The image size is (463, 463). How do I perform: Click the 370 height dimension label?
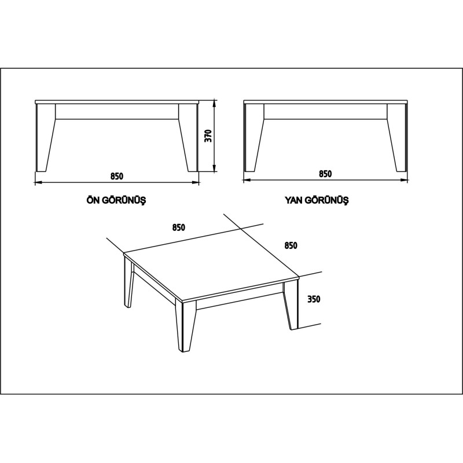click(x=209, y=135)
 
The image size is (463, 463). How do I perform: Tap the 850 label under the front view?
click(x=117, y=175)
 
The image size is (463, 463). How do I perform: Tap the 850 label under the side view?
click(x=325, y=174)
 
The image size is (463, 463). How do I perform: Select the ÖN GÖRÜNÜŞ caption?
click(x=115, y=201)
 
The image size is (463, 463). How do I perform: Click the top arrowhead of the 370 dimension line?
click(x=215, y=103)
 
